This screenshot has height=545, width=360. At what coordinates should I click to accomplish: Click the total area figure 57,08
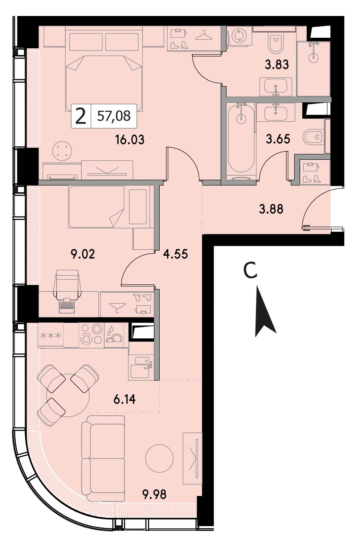114,116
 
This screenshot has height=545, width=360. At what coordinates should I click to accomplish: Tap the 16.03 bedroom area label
130,140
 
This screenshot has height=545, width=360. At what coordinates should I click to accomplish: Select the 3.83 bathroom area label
277,65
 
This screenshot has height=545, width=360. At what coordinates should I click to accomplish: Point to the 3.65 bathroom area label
278,139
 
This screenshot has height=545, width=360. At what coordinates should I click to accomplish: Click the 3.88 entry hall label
271,209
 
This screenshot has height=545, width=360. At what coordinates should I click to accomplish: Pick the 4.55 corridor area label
176,254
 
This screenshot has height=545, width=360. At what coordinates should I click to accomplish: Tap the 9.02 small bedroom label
83,254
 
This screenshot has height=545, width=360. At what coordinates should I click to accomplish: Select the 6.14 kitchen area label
124,399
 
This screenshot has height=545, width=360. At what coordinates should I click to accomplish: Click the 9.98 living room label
155,495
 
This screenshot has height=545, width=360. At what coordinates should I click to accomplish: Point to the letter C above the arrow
250,270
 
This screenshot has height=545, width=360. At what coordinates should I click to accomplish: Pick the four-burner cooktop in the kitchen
91,335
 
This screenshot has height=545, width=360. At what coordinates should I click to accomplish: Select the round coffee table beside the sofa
159,458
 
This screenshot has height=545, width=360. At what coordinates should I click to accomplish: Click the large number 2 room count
81,116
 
